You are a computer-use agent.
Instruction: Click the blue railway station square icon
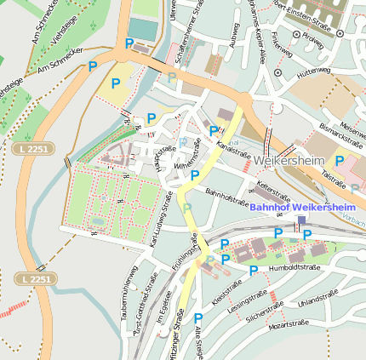(x=301, y=220)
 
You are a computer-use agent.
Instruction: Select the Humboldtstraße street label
(x=292, y=267)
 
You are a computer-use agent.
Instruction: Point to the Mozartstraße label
(x=287, y=323)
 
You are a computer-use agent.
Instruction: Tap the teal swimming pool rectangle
(x=144, y=30)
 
